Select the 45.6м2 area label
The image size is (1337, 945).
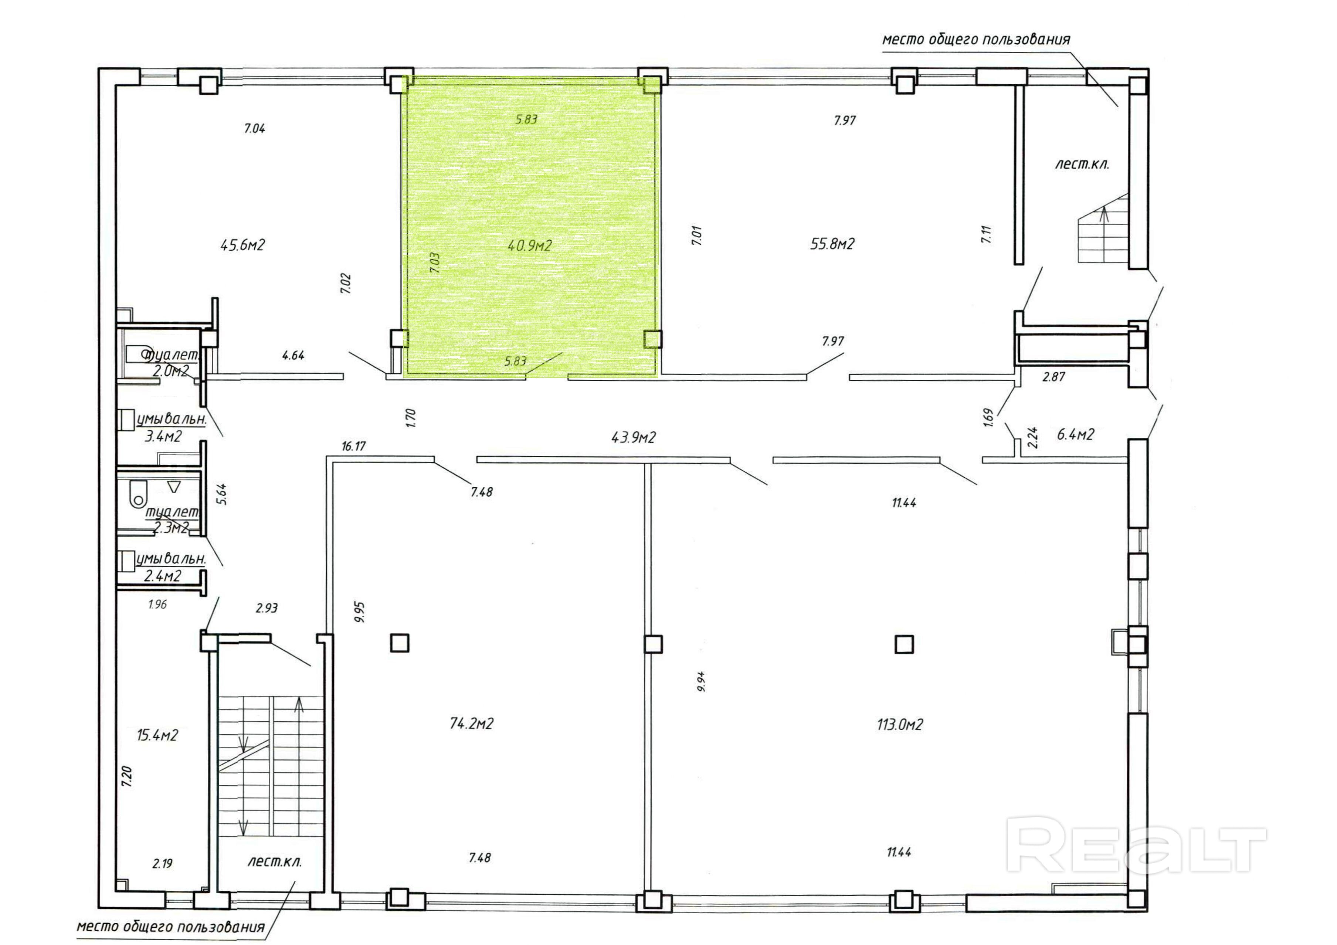coord(243,245)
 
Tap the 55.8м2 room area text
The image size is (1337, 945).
coord(832,244)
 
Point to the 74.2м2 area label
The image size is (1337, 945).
coord(472,724)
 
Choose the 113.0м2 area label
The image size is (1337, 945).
coord(900,725)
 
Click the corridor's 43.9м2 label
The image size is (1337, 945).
coord(633,437)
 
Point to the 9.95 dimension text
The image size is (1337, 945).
coord(359,613)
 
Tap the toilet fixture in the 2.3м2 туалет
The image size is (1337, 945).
coord(138,492)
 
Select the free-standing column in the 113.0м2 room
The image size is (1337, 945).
coord(904,644)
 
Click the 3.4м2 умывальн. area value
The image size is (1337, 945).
coord(163,436)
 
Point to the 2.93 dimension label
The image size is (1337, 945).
coord(267,608)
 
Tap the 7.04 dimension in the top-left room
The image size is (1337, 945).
coord(254,128)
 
